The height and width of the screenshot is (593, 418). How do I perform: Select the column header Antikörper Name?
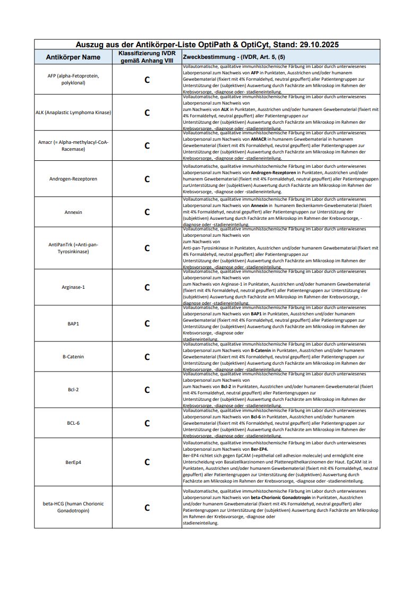(x=73, y=57)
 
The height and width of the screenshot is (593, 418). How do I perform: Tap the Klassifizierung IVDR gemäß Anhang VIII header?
(x=147, y=57)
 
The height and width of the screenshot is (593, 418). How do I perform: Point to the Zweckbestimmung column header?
(x=234, y=57)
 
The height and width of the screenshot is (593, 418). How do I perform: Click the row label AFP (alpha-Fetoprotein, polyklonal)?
(x=73, y=79)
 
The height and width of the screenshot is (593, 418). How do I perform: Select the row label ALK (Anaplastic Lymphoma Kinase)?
(x=73, y=113)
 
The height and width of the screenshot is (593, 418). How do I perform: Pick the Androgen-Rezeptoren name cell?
(x=73, y=179)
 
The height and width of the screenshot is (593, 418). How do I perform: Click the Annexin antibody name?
(x=73, y=212)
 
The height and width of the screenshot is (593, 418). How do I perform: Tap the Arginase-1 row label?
(x=73, y=287)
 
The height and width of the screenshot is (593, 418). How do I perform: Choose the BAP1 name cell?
(x=73, y=323)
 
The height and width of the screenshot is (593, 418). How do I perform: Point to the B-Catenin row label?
(x=73, y=357)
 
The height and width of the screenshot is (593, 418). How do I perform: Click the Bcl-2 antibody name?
(x=73, y=390)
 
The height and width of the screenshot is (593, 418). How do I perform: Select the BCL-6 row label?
(x=73, y=423)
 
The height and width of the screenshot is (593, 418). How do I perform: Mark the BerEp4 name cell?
(x=73, y=462)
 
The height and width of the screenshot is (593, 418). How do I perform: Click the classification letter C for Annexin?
(x=147, y=212)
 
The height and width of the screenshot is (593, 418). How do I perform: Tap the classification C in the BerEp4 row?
(x=147, y=462)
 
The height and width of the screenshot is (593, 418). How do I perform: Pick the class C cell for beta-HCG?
(x=147, y=508)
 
